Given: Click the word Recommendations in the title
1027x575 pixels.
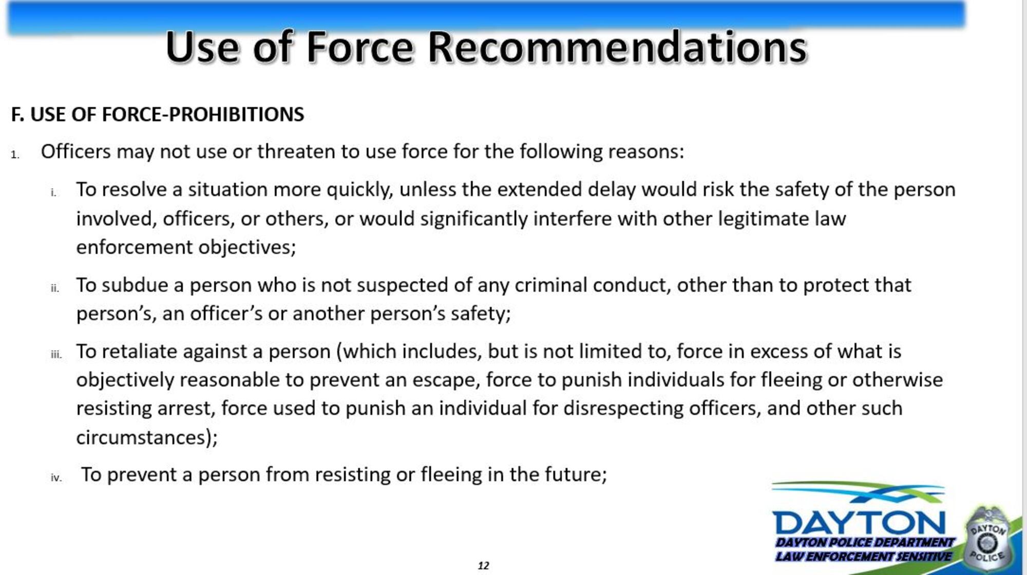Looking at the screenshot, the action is (x=618, y=47).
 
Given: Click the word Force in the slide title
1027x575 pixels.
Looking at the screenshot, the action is (x=360, y=47).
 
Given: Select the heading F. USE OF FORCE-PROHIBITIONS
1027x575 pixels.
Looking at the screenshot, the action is (x=158, y=114).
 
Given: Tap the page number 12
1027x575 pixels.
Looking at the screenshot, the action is (x=483, y=565).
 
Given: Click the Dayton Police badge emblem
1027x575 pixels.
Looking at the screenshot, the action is (x=987, y=539).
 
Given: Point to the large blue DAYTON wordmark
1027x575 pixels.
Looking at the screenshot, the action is (x=859, y=522).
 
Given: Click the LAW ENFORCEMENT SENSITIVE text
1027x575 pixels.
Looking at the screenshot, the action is (x=864, y=556).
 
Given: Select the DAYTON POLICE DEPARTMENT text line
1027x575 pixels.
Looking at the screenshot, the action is (x=865, y=543).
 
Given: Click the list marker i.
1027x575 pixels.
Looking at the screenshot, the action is (x=53, y=193).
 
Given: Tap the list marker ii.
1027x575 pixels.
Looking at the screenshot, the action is (x=55, y=288).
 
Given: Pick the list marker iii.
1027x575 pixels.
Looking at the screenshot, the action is (x=56, y=354).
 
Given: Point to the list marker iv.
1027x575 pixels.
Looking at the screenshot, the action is (x=56, y=477).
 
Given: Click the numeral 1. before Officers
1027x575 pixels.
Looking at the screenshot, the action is (x=15, y=155).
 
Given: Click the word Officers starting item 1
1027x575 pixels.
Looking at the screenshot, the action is (x=76, y=151).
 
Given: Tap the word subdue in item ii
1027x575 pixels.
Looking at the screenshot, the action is (x=135, y=285).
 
